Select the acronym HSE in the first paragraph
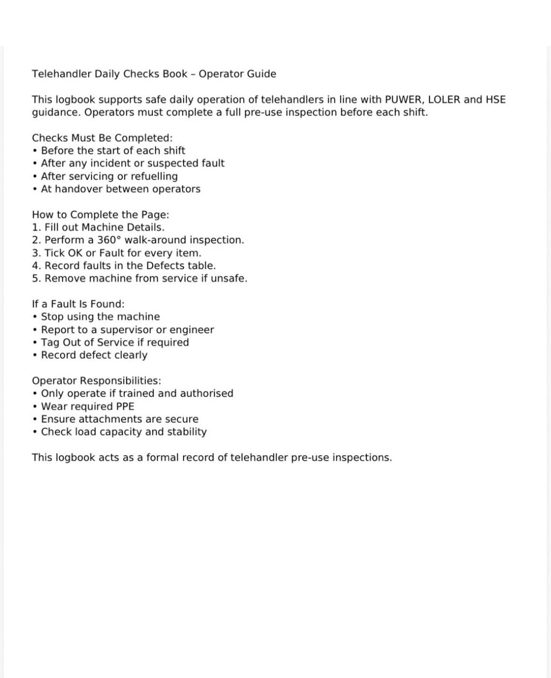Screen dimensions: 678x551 point(496,100)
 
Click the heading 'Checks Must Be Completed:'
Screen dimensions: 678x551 point(102,138)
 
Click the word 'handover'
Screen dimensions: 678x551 point(79,189)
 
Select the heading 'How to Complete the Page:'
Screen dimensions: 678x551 point(101,214)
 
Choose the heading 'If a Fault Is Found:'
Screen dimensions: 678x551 point(78,304)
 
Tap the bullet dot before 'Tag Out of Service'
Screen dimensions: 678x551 point(35,343)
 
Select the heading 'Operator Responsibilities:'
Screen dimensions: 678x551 point(96,381)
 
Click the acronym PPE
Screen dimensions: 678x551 point(125,406)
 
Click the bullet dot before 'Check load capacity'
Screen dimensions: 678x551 point(35,432)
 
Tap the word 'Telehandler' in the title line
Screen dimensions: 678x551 point(61,74)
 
